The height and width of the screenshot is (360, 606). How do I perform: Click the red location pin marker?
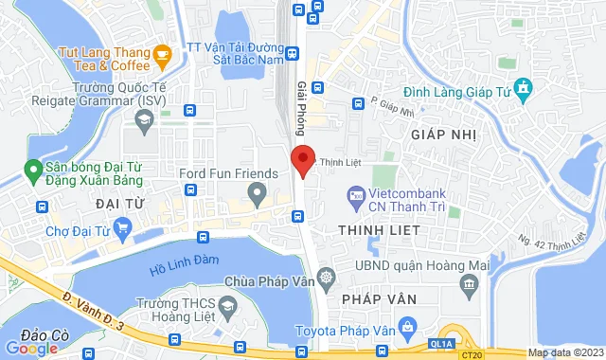302,159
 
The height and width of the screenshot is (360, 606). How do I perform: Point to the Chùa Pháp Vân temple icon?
327,278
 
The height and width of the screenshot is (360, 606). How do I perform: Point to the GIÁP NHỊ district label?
441,135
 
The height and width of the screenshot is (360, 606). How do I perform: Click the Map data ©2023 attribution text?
563,353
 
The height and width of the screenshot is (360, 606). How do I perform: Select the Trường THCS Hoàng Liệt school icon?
228,306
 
